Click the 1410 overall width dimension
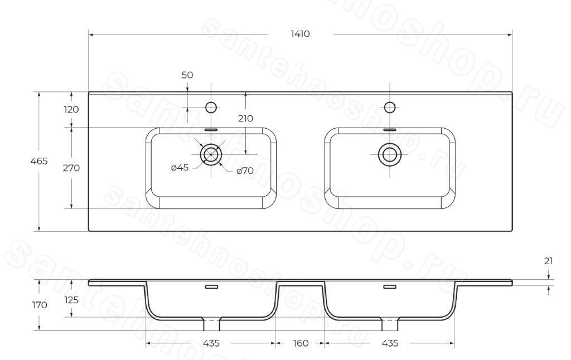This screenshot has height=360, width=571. [x=300, y=34]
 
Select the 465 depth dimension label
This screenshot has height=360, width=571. [x=39, y=161]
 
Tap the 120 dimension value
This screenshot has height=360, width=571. [x=71, y=109]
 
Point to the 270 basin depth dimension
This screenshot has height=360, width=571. [x=71, y=168]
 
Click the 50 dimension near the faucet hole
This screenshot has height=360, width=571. [x=187, y=75]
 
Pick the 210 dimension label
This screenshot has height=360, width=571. [x=245, y=118]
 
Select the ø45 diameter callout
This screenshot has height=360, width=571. [x=180, y=167]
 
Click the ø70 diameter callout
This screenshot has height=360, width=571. [x=245, y=171]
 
